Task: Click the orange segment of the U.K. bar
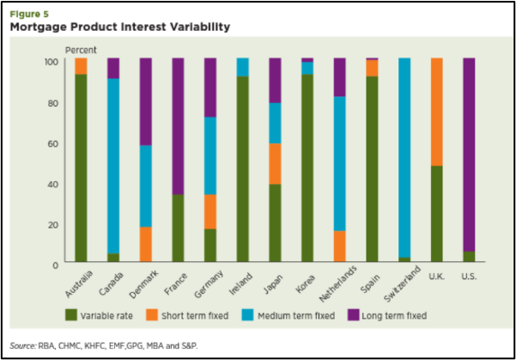click(436, 112)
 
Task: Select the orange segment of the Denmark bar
click(146, 244)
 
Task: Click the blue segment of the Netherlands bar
click(339, 163)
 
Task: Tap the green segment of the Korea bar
click(307, 168)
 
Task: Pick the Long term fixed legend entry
click(402, 316)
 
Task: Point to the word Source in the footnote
click(23, 345)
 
